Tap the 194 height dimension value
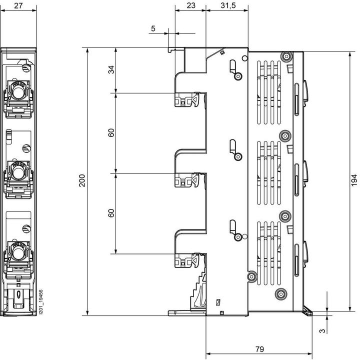[x=353, y=180]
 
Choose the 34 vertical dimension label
[x=111, y=70]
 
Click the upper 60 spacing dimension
[x=111, y=133]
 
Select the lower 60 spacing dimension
[x=111, y=213]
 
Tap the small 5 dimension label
[x=153, y=29]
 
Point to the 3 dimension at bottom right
[x=322, y=330]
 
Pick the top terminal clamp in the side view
[x=187, y=100]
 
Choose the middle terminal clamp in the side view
[x=187, y=180]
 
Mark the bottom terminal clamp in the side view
[x=187, y=260]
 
